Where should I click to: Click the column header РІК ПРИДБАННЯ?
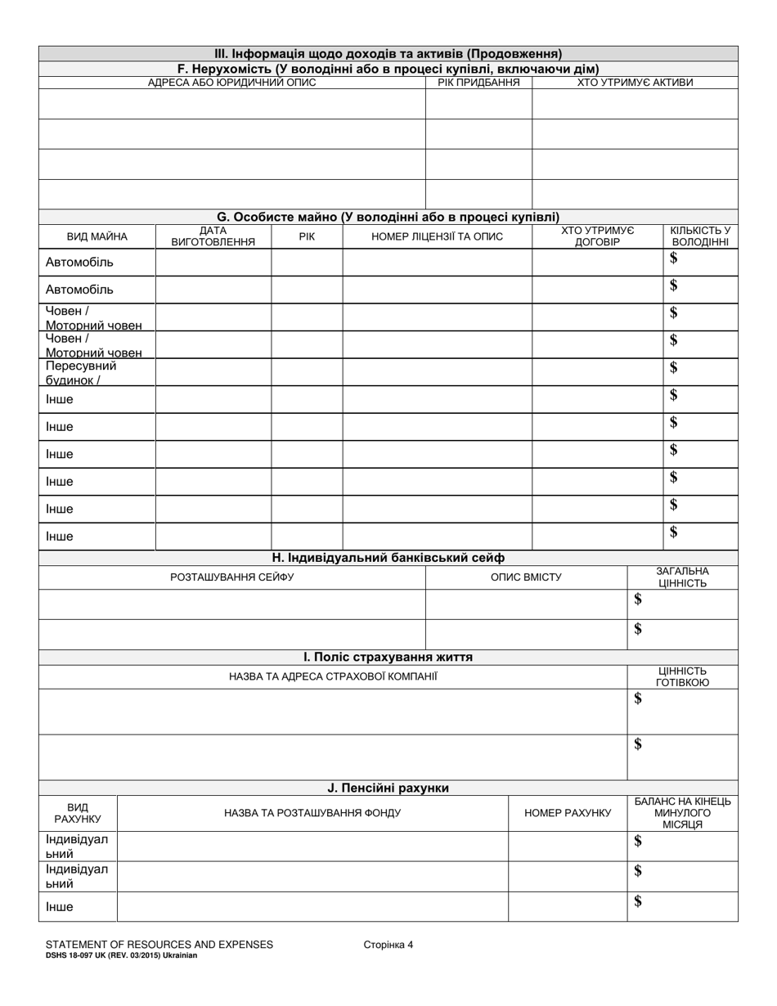coord(478,83)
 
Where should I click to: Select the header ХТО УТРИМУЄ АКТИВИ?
coord(635,83)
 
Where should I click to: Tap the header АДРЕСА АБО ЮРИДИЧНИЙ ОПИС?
coord(231,83)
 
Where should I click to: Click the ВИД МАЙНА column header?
coord(97,236)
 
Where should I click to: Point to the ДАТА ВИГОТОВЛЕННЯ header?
coord(213,236)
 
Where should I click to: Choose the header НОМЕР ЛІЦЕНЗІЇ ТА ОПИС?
coord(437,236)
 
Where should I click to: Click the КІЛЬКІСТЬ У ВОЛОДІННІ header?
coord(700,236)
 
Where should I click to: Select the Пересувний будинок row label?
coord(82,373)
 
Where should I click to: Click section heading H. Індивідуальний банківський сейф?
coord(388,558)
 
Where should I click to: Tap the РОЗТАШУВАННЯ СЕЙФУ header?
coord(231,577)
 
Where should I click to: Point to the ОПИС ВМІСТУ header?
coord(526,577)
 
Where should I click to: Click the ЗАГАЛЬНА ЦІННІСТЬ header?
coord(682,577)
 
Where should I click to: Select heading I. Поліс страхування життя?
coord(388,657)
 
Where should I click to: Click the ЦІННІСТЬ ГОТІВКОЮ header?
coord(682,676)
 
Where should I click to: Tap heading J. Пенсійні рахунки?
coord(388,788)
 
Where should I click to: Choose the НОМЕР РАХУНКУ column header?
coord(568,813)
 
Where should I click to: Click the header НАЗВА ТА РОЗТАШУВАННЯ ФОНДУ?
coord(312,813)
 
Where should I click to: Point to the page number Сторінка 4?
coord(388,945)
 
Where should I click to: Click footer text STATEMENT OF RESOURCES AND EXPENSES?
coord(159,945)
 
